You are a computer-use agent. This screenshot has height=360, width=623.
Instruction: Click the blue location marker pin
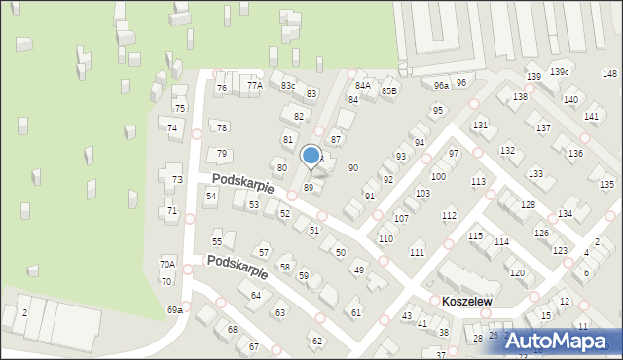pyautogui.click(x=311, y=157)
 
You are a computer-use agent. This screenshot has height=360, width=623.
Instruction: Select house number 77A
pyautogui.click(x=254, y=86)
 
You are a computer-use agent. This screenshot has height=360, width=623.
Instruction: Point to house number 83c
pyautogui.click(x=288, y=86)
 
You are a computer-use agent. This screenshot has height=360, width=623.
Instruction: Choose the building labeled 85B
pyautogui.click(x=389, y=91)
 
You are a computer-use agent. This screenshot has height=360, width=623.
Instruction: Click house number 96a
pyautogui.click(x=441, y=86)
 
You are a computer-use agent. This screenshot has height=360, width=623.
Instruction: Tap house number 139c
pyautogui.click(x=559, y=72)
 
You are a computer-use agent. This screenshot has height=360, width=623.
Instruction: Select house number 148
pyautogui.click(x=609, y=74)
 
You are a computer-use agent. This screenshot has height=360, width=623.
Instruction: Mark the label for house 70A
pyautogui.click(x=167, y=264)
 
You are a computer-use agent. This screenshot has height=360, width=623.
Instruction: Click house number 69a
pyautogui.click(x=174, y=309)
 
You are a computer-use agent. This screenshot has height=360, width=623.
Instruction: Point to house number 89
pyautogui.click(x=309, y=187)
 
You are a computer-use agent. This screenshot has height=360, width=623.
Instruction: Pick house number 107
pyautogui.click(x=401, y=218)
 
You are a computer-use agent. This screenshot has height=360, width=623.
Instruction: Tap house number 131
pyautogui.click(x=480, y=126)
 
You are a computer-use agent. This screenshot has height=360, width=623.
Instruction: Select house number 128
pyautogui.click(x=528, y=204)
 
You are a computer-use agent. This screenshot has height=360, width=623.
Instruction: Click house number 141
pyautogui.click(x=591, y=117)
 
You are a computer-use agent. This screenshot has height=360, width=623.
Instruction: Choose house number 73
pyautogui.click(x=177, y=180)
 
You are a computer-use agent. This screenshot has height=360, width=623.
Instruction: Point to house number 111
pyautogui.click(x=417, y=252)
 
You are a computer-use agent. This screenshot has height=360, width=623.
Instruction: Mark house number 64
pyautogui.click(x=256, y=295)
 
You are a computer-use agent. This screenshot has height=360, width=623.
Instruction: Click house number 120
pyautogui.click(x=517, y=272)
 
